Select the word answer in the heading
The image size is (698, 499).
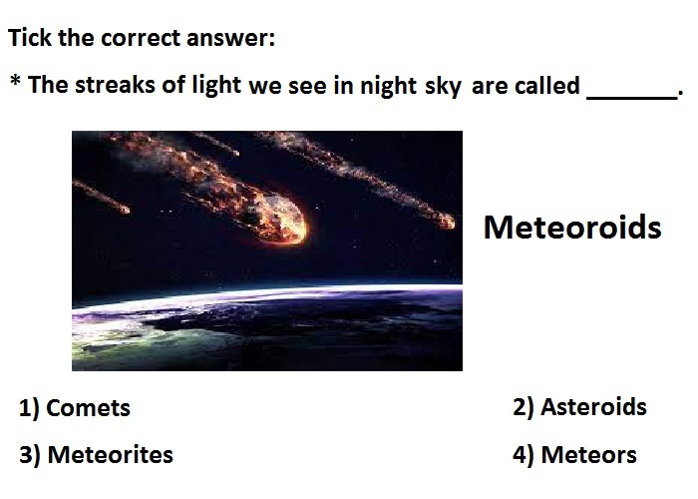[230, 38]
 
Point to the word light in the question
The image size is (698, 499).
[216, 85]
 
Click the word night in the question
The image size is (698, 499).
[388, 86]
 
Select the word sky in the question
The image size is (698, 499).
[443, 86]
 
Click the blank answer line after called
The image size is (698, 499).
[632, 98]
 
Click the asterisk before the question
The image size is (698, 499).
[15, 80]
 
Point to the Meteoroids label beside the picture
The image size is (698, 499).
[572, 228]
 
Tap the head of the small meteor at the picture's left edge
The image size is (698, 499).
[125, 209]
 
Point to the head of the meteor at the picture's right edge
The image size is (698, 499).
[447, 222]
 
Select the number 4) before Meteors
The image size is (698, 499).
[523, 455]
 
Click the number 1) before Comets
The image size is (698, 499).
[29, 408]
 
